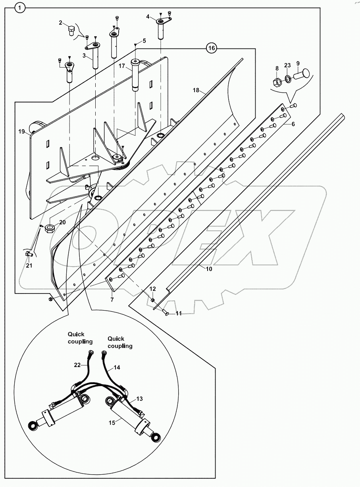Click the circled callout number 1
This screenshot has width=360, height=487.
click(20, 7)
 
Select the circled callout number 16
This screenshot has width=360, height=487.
click(212, 48)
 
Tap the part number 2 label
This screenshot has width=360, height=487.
click(61, 23)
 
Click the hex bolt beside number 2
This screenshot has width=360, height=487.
click(70, 31)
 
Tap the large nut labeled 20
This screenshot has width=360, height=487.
click(51, 229)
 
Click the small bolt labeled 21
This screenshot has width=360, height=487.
click(28, 253)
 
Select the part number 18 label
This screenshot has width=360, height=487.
click(196, 91)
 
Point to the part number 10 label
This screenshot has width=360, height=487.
click(209, 269)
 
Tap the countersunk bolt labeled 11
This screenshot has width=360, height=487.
click(167, 314)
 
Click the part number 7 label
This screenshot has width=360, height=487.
click(112, 300)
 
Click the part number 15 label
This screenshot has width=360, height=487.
click(112, 423)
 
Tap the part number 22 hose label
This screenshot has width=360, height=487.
click(78, 364)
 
